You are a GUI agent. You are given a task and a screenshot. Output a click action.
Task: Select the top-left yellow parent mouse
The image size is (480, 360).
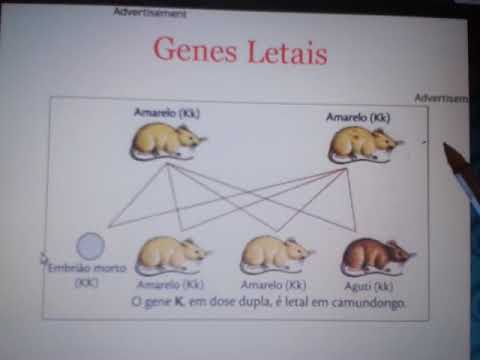coord(167,141)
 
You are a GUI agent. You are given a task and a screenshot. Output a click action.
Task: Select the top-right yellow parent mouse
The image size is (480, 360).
coord(365,144)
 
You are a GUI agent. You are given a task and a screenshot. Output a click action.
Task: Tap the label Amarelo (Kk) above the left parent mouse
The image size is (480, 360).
coord(167,113)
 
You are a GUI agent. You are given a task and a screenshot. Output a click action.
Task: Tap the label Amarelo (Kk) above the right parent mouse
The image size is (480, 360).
coord(357,117)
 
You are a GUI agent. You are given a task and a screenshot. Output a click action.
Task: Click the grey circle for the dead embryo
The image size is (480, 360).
coord(91,246)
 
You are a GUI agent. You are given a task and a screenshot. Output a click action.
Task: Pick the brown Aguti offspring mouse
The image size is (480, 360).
coord(376,257)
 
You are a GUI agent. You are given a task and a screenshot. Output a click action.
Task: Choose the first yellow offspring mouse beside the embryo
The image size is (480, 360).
coord(172,255)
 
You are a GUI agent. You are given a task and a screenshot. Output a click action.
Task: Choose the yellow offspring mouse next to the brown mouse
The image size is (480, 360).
coord(275,255)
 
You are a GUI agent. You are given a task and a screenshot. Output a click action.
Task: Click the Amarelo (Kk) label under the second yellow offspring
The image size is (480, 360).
coord(272,284)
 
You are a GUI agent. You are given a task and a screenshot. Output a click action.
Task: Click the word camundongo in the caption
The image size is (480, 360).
coord(369,302)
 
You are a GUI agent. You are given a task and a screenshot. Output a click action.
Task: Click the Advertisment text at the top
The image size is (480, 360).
coord(150,13)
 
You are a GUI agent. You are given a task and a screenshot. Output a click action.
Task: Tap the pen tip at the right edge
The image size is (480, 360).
coord(447,149)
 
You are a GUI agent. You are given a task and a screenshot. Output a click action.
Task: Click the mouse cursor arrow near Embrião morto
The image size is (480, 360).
coord(44,257)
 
